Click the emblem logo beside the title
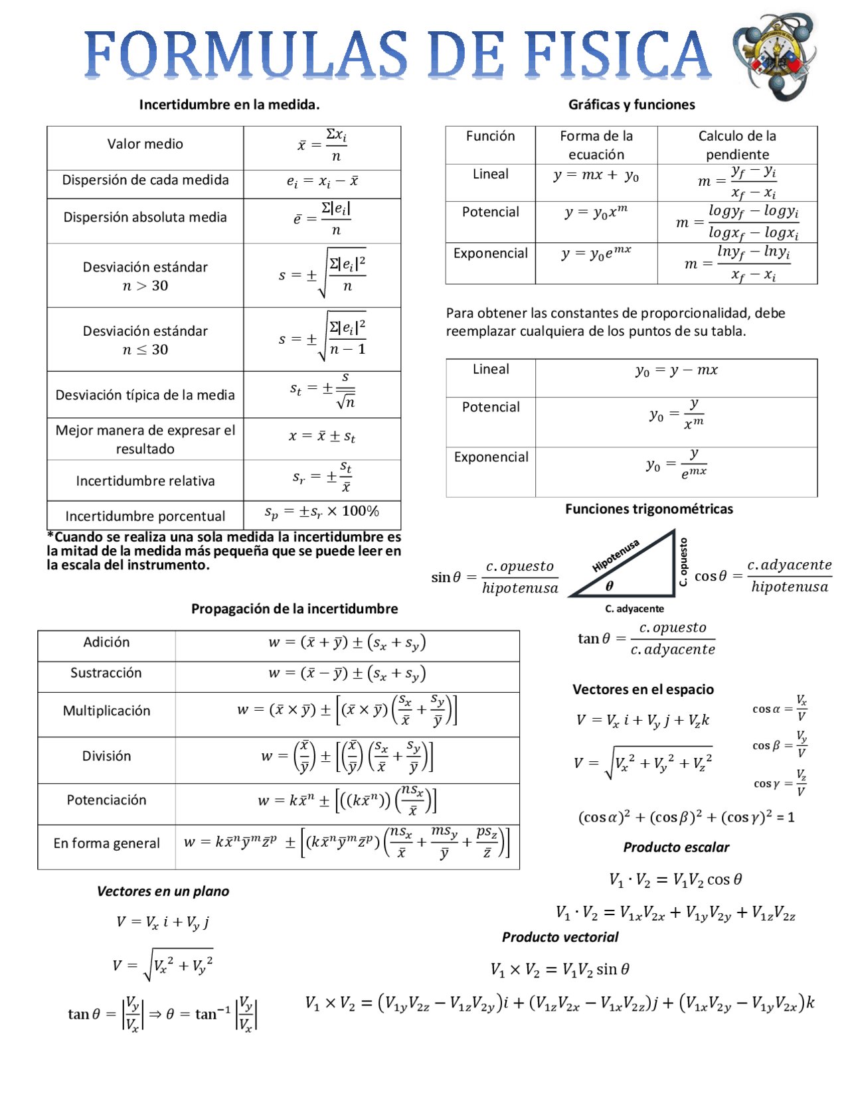[775, 56]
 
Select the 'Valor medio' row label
[145, 144]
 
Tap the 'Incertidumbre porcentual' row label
[145, 516]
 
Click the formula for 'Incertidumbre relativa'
[322, 476]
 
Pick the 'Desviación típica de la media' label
[145, 395]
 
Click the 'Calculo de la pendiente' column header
[736, 145]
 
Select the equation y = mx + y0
[596, 176]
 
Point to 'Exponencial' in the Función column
[490, 254]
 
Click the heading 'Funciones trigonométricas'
[649, 509]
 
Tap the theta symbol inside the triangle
[609, 585]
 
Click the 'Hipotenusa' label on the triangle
[616, 555]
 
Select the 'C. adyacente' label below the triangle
[634, 609]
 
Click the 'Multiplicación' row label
[106, 711]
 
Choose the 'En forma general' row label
[106, 843]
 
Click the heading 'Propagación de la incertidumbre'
[294, 609]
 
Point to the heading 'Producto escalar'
[675, 847]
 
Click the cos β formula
[780, 745]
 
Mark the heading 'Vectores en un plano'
[163, 891]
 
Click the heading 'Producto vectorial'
[559, 937]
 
